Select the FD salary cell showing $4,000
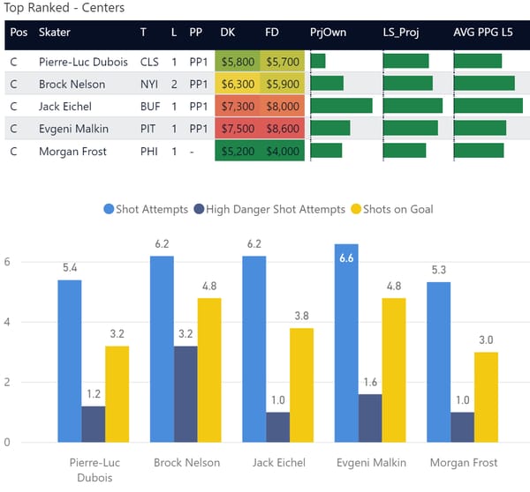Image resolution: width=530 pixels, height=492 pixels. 283,152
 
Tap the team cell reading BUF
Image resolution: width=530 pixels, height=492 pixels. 148,107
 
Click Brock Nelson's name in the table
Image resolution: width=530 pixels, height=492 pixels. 72,85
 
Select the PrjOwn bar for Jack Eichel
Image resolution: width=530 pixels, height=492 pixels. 341,107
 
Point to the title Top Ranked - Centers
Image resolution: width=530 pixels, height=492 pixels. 65,9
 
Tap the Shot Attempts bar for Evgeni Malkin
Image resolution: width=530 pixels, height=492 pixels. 347,343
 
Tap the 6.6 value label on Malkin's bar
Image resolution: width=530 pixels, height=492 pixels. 347,257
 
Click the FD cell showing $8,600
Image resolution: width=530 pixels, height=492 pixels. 283,129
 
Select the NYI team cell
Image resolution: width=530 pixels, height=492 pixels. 148,85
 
